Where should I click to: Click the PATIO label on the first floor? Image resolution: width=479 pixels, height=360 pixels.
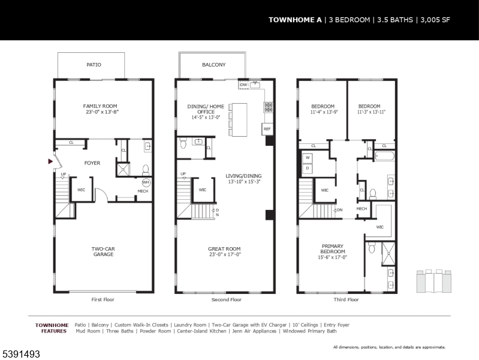pyautogui.click(x=94, y=65)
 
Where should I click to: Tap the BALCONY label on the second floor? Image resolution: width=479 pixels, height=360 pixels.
pyautogui.click(x=214, y=65)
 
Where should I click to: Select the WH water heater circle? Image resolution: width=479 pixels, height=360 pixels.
pyautogui.click(x=146, y=182)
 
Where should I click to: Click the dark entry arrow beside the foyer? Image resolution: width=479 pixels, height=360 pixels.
pyautogui.click(x=50, y=161)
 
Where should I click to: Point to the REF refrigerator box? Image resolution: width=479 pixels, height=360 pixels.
pyautogui.click(x=267, y=129)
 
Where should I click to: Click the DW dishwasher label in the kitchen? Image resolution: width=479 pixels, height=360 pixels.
pyautogui.click(x=243, y=85)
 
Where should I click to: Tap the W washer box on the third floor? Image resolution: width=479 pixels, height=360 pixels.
pyautogui.click(x=308, y=158)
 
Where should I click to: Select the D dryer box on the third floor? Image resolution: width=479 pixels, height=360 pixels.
pyautogui.click(x=308, y=168)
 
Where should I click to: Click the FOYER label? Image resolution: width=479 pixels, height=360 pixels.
pyautogui.click(x=92, y=163)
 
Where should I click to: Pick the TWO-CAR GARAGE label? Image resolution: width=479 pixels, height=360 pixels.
pyautogui.click(x=103, y=251)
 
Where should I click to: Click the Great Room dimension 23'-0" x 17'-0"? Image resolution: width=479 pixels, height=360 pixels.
pyautogui.click(x=225, y=254)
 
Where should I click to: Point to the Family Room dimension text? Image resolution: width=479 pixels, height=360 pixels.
pyautogui.click(x=103, y=112)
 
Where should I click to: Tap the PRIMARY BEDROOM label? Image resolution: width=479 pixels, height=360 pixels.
pyautogui.click(x=333, y=248)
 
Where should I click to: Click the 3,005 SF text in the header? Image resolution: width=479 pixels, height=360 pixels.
pyautogui.click(x=435, y=20)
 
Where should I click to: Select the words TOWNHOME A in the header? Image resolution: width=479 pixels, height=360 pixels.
pyautogui.click(x=295, y=20)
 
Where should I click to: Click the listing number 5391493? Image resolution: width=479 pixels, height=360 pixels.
pyautogui.click(x=21, y=354)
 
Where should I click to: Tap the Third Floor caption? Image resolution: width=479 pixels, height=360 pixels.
pyautogui.click(x=346, y=299)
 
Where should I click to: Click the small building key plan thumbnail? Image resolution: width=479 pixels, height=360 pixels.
pyautogui.click(x=434, y=281)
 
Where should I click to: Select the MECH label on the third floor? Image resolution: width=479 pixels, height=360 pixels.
pyautogui.click(x=361, y=209)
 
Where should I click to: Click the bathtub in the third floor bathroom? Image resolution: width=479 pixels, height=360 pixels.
pyautogui.click(x=385, y=156)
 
